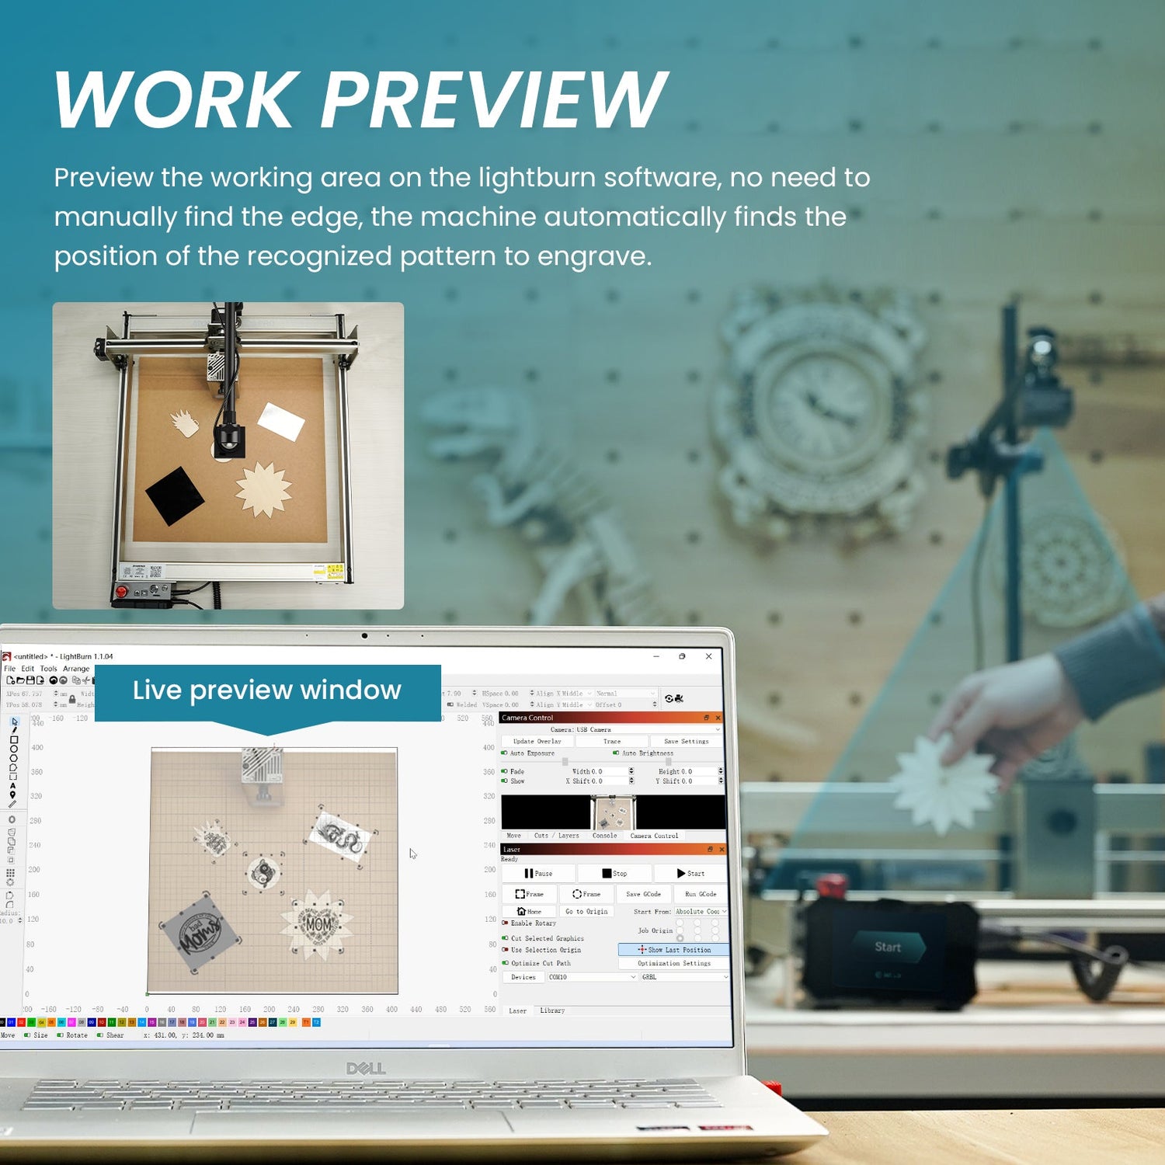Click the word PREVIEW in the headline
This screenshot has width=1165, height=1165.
494,99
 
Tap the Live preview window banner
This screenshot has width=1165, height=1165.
266,690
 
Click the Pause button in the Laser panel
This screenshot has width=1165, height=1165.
537,873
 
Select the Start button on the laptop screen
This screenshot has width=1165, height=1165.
690,873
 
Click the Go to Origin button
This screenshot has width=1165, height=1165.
586,911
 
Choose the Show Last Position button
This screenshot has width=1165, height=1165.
673,949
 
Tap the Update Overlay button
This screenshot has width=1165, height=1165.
537,741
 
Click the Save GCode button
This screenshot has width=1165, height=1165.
643,894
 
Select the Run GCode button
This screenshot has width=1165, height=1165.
701,894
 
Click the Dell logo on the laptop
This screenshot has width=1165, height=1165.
366,1069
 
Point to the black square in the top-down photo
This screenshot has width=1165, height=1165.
175,495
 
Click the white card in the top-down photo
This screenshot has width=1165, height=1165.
280,421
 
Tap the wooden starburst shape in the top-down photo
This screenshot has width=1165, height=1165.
264,489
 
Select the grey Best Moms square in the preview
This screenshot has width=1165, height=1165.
200,931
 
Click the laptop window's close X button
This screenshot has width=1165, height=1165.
708,656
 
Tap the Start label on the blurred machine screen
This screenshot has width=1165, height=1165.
888,947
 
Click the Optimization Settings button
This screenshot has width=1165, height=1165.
673,963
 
